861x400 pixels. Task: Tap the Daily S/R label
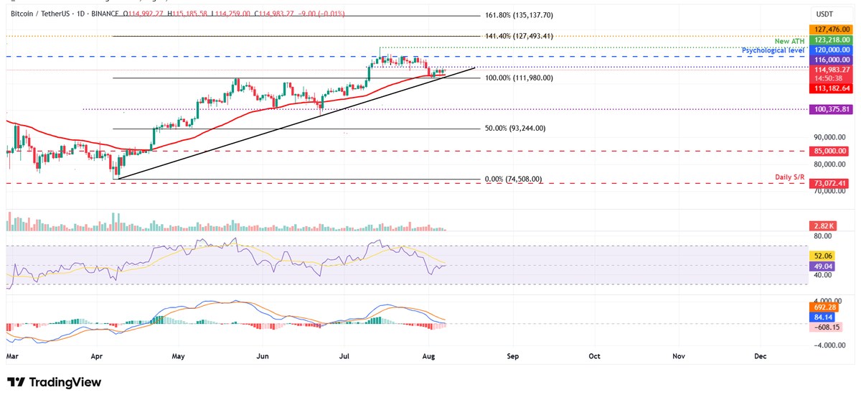point(788,177)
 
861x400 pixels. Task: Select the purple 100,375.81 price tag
point(829,109)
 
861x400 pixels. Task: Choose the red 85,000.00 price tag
point(829,152)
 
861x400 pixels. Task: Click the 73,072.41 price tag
point(829,183)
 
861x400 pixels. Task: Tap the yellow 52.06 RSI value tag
point(820,256)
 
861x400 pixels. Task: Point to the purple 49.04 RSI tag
point(820,266)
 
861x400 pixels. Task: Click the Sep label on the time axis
point(512,355)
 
